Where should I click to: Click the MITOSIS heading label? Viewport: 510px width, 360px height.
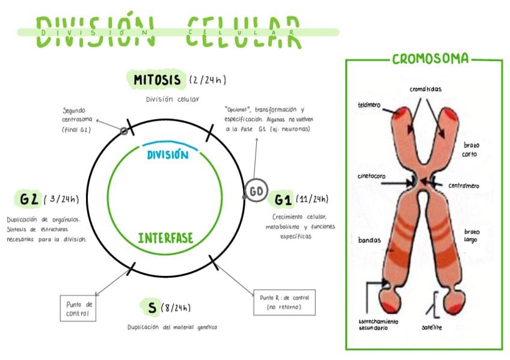(157, 79)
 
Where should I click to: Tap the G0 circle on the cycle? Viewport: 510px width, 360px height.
(256, 191)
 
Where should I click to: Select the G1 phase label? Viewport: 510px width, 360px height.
(283, 199)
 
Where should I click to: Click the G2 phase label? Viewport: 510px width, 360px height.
(29, 199)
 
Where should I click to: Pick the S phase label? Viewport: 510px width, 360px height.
(152, 308)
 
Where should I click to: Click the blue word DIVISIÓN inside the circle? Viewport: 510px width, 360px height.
(168, 154)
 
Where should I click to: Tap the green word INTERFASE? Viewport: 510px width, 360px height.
(166, 238)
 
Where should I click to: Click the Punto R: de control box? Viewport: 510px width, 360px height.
(284, 302)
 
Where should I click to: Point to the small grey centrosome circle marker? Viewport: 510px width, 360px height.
(124, 130)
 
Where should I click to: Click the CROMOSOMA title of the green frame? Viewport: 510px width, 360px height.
(430, 59)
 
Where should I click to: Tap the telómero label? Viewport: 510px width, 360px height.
(369, 105)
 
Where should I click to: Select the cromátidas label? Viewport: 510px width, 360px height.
(425, 89)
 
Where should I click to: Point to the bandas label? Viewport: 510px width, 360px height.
(369, 240)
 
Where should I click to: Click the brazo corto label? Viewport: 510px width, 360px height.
(472, 149)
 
